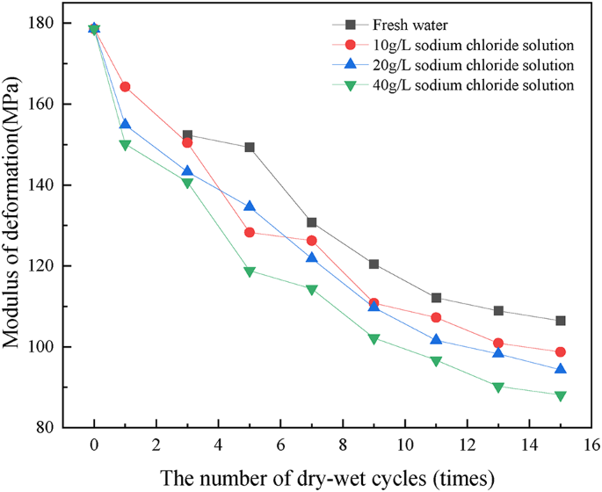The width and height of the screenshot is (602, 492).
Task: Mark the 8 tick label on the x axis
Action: tap(342, 445)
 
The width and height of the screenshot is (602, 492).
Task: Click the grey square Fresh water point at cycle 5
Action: tap(250, 148)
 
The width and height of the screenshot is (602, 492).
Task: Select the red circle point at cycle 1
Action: tap(125, 87)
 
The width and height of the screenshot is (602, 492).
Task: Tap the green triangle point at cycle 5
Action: tap(250, 271)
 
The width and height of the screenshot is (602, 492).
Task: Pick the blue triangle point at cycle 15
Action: tap(560, 369)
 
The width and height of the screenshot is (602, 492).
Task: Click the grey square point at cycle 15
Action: tap(560, 321)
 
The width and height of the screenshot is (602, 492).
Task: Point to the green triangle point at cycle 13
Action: tap(498, 387)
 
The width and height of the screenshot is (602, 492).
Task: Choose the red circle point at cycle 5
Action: tap(250, 233)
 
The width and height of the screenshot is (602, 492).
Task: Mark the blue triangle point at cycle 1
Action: tap(125, 125)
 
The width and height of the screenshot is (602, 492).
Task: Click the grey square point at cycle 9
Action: tap(374, 264)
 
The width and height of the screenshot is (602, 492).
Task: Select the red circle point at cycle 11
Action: tap(436, 317)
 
